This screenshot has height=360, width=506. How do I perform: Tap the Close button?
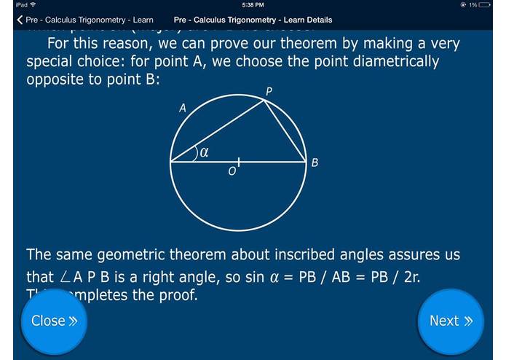pos(54,321)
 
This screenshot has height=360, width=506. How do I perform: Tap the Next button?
pos(451,321)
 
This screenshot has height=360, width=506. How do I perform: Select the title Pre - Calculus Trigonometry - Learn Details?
pos(253,20)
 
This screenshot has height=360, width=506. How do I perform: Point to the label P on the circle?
pos(269,91)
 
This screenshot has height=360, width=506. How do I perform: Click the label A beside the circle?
pos(183,109)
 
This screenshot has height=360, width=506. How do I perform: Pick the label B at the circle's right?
pos(315,163)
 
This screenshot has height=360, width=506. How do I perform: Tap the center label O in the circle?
pos(232,172)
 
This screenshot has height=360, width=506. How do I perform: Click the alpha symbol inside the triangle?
pos(205,152)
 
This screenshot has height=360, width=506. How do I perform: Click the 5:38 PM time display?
pos(253,5)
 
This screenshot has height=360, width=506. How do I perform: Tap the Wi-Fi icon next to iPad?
pos(33,5)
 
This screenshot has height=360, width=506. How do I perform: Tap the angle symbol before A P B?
pos(63,277)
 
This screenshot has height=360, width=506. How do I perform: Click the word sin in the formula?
pos(240,277)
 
